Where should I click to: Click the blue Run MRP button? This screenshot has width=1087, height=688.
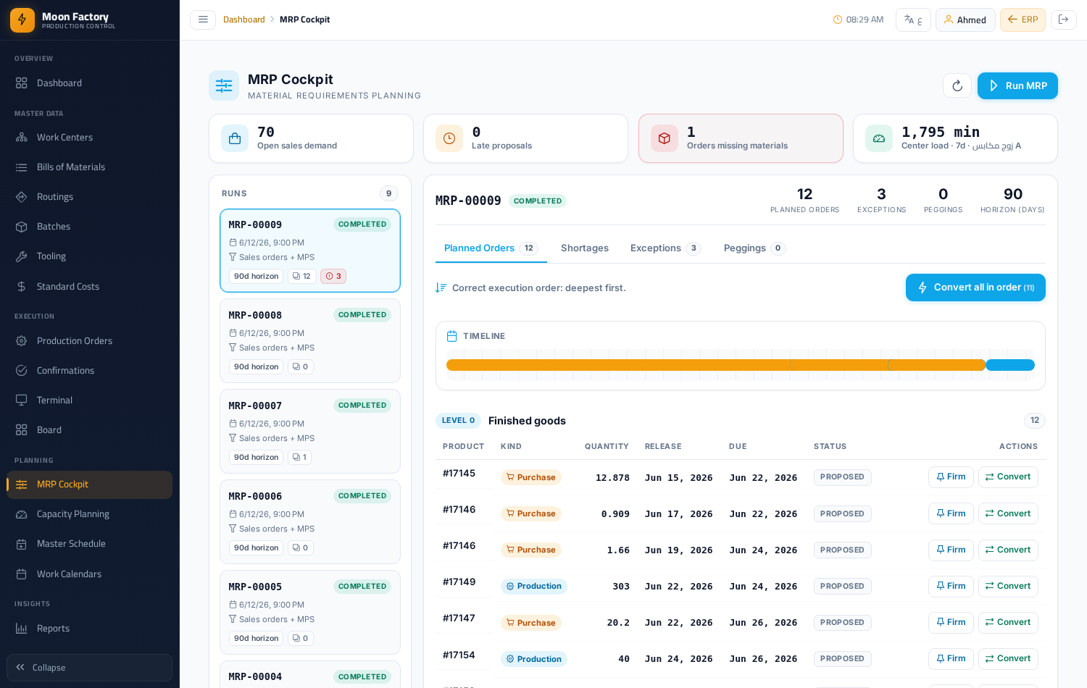coord(1017,85)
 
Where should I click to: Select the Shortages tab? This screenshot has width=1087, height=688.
coord(584,248)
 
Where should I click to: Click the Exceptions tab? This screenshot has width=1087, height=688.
coord(665,248)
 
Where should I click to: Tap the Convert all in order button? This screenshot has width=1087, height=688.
coord(975,288)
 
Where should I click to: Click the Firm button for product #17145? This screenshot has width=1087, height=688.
coord(951,477)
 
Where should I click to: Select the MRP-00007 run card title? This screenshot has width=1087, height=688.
coord(255,406)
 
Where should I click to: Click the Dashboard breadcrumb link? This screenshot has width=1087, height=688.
coord(244,20)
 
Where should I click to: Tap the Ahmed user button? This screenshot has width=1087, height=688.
coord(965,20)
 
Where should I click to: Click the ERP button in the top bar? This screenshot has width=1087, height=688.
coord(1023,20)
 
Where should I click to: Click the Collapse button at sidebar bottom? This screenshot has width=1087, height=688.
coord(89,668)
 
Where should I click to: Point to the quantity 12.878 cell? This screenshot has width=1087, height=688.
coord(612,477)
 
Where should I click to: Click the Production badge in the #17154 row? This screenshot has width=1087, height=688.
coord(534,659)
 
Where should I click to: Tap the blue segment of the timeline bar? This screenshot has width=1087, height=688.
coord(1010,365)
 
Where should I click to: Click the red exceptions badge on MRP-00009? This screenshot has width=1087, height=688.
coord(333,277)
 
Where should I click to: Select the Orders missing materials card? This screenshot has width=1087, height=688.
coord(741,138)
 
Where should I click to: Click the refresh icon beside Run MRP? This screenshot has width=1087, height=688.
coord(957,85)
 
